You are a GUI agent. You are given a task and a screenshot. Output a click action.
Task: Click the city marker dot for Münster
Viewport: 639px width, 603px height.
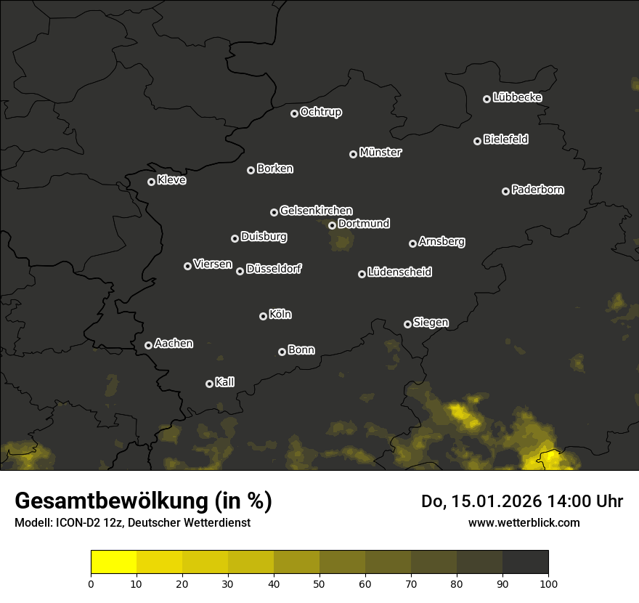(354, 154)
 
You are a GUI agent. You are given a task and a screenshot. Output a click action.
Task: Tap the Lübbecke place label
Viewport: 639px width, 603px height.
(517, 97)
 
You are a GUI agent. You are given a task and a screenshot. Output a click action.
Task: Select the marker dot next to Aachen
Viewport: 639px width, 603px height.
(149, 345)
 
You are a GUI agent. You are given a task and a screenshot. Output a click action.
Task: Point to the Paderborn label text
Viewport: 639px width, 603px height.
(537, 190)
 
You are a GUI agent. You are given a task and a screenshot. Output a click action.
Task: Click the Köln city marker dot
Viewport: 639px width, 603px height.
(263, 316)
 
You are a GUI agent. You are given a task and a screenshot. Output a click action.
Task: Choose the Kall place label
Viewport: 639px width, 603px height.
(224, 382)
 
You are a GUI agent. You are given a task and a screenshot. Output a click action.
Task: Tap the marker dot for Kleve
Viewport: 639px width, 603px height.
(152, 182)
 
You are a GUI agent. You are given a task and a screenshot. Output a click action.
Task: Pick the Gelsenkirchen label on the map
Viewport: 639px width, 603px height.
(316, 211)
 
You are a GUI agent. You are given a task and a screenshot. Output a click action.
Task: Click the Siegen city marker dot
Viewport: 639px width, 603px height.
(407, 324)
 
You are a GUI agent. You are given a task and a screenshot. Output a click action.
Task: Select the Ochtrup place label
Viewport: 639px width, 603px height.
(320, 112)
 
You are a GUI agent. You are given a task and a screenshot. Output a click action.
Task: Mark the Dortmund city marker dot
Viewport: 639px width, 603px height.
(332, 225)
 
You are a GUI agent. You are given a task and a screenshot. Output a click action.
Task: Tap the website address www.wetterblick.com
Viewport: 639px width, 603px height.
(524, 522)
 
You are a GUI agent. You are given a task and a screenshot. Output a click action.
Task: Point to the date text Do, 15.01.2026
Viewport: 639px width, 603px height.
(479, 501)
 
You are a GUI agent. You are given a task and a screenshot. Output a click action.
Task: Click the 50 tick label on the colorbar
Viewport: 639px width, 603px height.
(319, 583)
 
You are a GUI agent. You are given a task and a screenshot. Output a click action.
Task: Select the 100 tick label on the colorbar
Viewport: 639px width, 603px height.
(548, 583)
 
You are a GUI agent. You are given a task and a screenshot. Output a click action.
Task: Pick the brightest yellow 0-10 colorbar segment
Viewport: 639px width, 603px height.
(114, 562)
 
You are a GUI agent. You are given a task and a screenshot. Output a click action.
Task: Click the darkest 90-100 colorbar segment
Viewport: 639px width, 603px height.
(525, 562)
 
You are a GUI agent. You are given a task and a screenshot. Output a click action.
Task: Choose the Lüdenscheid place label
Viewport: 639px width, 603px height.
(399, 272)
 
